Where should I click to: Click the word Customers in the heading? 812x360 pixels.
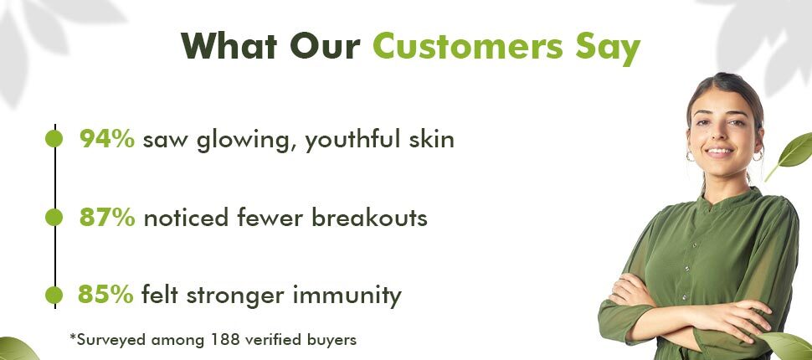[468, 46]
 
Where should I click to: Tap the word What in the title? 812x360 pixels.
[230, 45]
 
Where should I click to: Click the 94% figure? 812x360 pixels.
[107, 139]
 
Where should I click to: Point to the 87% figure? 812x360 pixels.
[107, 218]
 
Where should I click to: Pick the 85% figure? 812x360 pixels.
[105, 295]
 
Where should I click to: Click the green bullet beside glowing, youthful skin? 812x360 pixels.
[54, 139]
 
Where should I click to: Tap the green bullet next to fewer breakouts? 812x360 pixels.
[54, 217]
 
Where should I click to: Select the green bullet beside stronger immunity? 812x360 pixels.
[54, 295]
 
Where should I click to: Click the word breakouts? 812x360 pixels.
[369, 218]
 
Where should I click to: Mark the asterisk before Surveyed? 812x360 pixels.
[73, 337]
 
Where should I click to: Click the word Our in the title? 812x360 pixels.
[325, 45]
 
